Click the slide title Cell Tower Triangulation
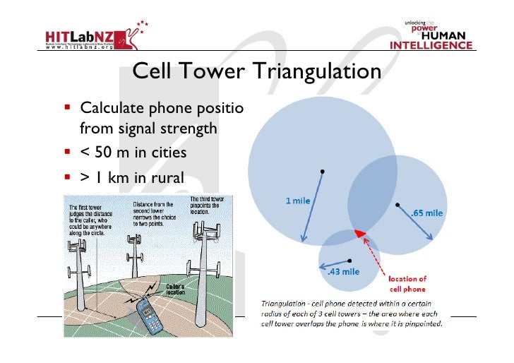[x=256, y=72]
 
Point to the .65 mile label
[x=426, y=212]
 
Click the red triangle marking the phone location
[x=360, y=233]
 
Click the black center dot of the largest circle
[x=322, y=172]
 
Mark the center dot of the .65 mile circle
[x=397, y=206]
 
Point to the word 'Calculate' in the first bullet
[x=108, y=109]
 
